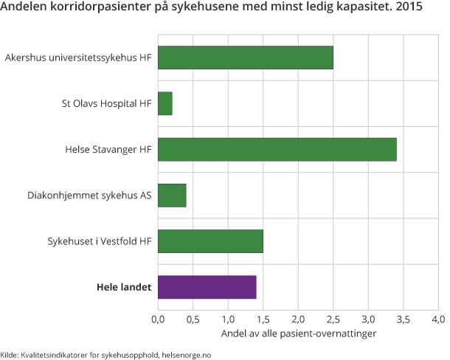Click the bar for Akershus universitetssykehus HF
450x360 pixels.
245,58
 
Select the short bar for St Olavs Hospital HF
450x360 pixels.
165,104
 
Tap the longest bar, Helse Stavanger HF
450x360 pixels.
277,150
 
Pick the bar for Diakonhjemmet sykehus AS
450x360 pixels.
172,195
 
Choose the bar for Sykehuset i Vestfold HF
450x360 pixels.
210,241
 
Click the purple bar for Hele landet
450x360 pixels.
207,287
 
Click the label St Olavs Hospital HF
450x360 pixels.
106,104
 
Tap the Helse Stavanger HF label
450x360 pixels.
108,150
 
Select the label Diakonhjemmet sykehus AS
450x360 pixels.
89,195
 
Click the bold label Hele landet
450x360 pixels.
124,287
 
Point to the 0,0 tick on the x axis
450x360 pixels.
158,320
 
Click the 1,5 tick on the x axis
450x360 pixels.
263,320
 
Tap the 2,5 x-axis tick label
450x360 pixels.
333,320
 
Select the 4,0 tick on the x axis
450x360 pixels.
438,320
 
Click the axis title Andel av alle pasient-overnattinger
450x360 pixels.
298,334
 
